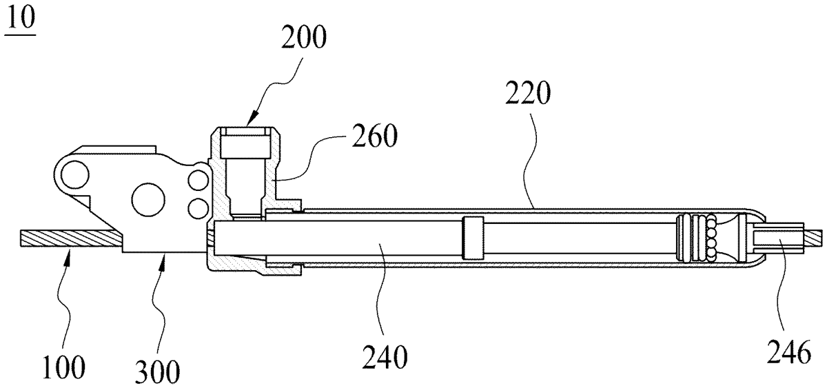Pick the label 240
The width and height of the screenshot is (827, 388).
(x=385, y=356)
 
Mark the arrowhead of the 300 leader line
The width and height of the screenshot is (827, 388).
(x=163, y=256)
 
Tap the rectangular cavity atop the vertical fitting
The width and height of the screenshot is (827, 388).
(x=245, y=147)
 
